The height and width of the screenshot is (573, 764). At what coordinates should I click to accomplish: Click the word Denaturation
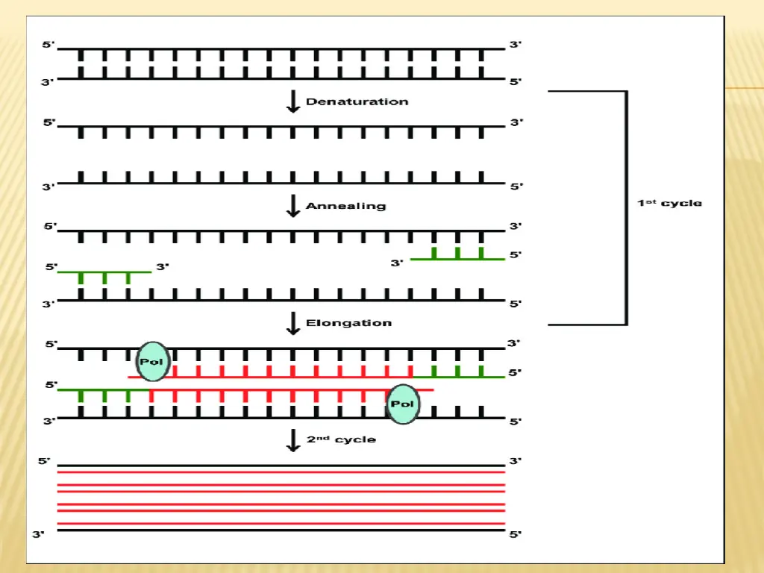pyautogui.click(x=357, y=101)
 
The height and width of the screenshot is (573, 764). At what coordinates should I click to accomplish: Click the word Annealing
pyautogui.click(x=346, y=205)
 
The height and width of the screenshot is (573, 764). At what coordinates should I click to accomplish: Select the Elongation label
pyautogui.click(x=348, y=323)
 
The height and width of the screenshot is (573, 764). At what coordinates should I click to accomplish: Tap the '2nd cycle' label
pyautogui.click(x=341, y=439)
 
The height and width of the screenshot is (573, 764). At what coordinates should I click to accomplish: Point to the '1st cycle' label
pyautogui.click(x=669, y=203)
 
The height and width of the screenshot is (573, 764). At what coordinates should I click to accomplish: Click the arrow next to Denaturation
pyautogui.click(x=293, y=101)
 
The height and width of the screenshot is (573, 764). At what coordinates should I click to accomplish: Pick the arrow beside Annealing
pyautogui.click(x=293, y=205)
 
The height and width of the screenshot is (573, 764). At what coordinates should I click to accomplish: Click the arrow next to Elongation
pyautogui.click(x=293, y=323)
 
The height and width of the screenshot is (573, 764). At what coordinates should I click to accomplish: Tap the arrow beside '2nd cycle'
pyautogui.click(x=293, y=439)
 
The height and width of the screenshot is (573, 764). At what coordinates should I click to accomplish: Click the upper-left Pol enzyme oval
pyautogui.click(x=153, y=362)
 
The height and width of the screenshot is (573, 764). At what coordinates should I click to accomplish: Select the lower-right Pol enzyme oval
pyautogui.click(x=403, y=404)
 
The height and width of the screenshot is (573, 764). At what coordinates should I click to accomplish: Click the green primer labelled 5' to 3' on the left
pyautogui.click(x=104, y=272)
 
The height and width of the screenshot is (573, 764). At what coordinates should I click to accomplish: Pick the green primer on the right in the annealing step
pyautogui.click(x=457, y=258)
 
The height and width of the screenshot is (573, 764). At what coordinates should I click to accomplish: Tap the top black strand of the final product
pyautogui.click(x=281, y=465)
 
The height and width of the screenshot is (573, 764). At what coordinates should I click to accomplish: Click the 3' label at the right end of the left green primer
pyautogui.click(x=163, y=266)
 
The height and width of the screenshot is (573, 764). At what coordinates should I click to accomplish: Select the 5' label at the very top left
pyautogui.click(x=48, y=45)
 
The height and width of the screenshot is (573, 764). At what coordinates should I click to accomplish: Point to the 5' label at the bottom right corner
pyautogui.click(x=516, y=534)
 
